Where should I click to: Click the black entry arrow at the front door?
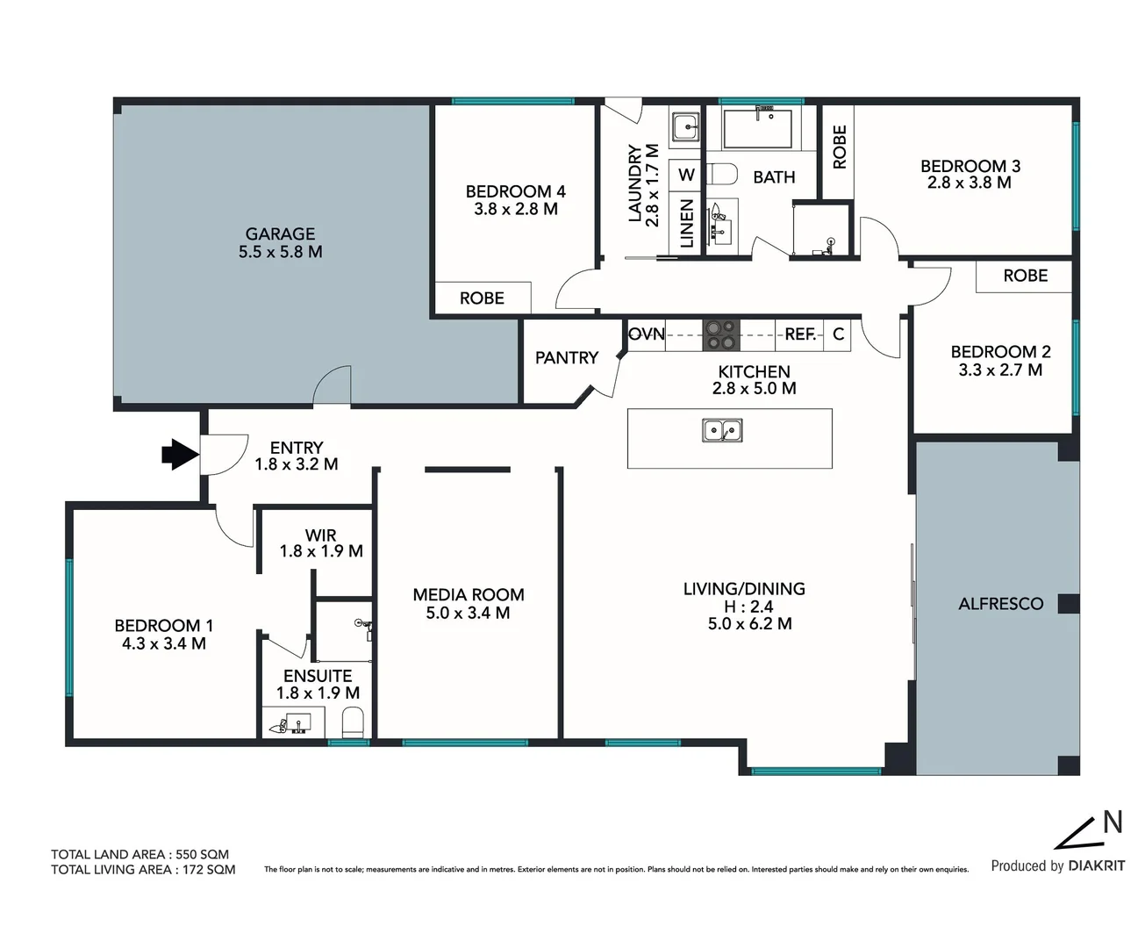pos(180,455)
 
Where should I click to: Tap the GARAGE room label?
pos(280,234)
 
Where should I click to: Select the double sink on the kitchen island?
pos(722,431)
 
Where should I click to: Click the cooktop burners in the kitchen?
pos(721,334)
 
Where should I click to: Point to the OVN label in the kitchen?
pos(647,334)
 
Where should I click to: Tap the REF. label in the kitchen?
pos(800,334)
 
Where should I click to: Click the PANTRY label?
pos(566,358)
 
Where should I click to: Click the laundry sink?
pos(685,128)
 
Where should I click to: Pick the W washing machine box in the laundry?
pos(686,176)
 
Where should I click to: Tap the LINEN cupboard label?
pos(686,223)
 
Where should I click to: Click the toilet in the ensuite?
pos(353,723)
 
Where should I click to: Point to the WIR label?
pos(320,535)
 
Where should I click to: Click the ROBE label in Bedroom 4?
pos(482,298)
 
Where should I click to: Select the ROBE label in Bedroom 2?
pos(1025,276)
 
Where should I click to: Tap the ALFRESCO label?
pos(1000,604)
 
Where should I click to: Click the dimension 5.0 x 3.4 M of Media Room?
pos(468,614)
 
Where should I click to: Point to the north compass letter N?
pos(1112,822)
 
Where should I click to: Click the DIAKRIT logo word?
pos(1096,866)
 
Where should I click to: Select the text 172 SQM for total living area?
pos(209,870)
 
